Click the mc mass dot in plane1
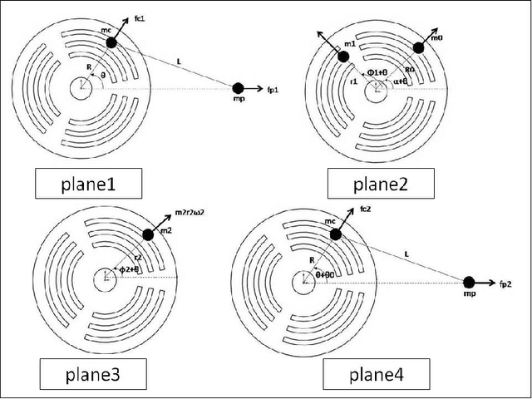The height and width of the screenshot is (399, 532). pos(112,42)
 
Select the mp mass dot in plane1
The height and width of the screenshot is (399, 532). pos(238,87)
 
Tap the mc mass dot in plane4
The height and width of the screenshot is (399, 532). pos(336,235)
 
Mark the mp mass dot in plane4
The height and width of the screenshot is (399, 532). pos(470,283)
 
